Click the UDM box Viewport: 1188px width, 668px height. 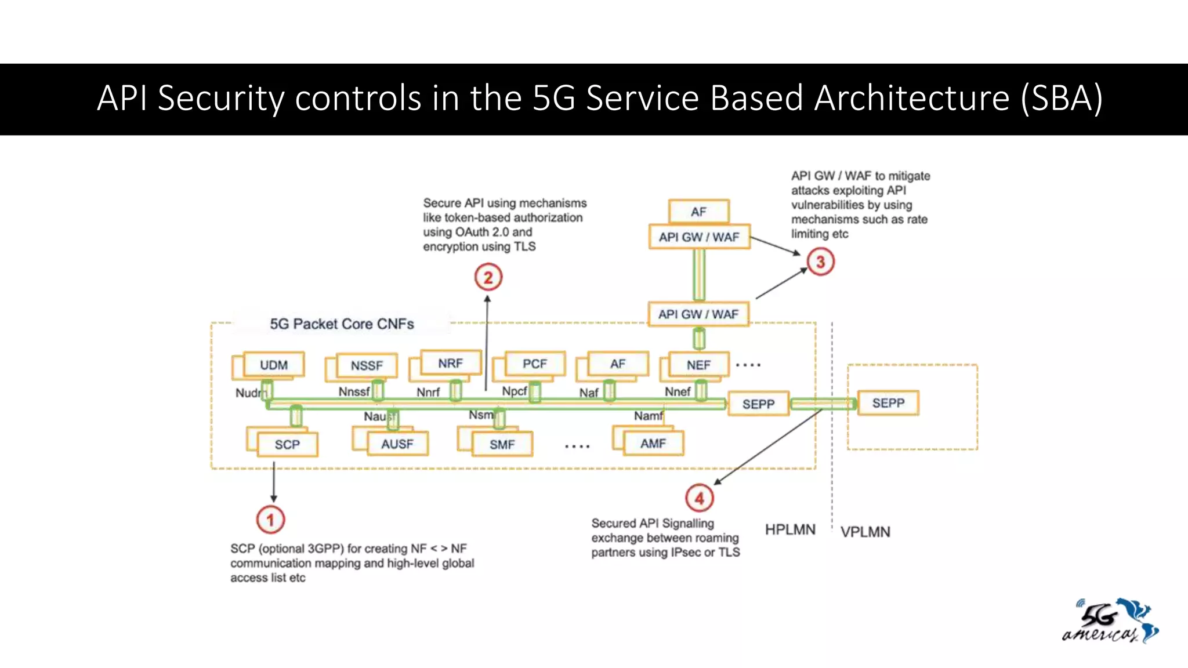(274, 365)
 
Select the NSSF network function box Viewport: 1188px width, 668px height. (367, 365)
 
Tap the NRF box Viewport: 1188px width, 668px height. (451, 363)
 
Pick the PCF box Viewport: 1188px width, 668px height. (534, 364)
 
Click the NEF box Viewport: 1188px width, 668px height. (698, 365)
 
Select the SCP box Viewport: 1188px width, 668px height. (287, 444)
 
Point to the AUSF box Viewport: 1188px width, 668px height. (397, 444)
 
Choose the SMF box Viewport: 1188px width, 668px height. (502, 444)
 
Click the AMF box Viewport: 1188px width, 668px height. (653, 443)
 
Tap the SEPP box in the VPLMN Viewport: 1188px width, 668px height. (888, 403)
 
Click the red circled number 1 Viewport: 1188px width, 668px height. (270, 520)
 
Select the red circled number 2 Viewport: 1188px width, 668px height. (488, 277)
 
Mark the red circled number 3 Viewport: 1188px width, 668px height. (820, 262)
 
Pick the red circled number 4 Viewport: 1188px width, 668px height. (700, 498)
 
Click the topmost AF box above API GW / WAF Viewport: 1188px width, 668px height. (698, 212)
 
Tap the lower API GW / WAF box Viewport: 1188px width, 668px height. (698, 314)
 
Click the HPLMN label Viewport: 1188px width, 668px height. (790, 529)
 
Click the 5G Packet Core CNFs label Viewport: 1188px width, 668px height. (342, 324)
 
